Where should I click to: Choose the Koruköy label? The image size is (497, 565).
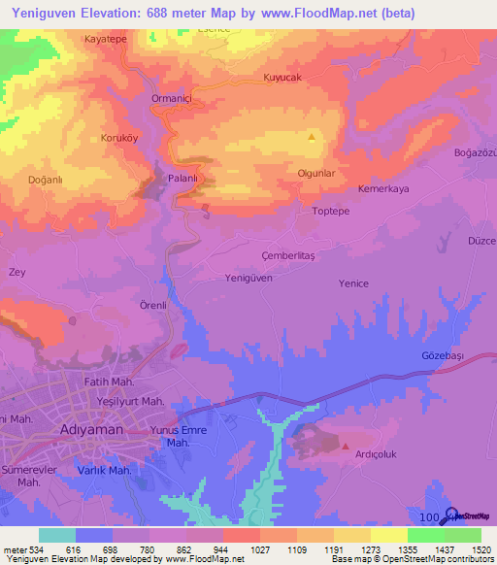click(121, 138)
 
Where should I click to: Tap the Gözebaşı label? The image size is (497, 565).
click(444, 356)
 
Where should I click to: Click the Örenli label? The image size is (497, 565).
click(154, 305)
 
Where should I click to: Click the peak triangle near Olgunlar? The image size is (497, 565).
click(311, 137)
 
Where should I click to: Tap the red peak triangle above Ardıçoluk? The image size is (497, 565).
click(346, 446)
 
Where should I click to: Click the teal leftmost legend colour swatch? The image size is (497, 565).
click(57, 535)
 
